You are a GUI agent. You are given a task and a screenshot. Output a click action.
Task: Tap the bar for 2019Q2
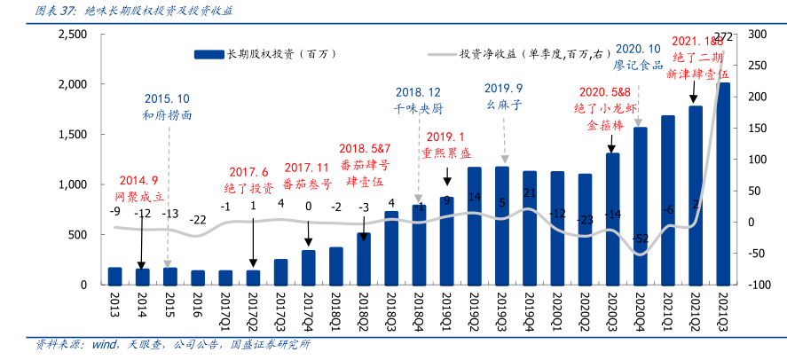pyautogui.click(x=475, y=225)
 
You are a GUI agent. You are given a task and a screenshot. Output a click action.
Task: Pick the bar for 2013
pyautogui.click(x=114, y=276)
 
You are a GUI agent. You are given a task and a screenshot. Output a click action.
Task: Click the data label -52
pyautogui.click(x=641, y=239)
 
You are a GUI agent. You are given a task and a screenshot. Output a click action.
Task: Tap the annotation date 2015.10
pyautogui.click(x=167, y=98)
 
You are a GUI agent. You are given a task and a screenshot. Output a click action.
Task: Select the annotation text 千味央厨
pyautogui.click(x=418, y=108)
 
